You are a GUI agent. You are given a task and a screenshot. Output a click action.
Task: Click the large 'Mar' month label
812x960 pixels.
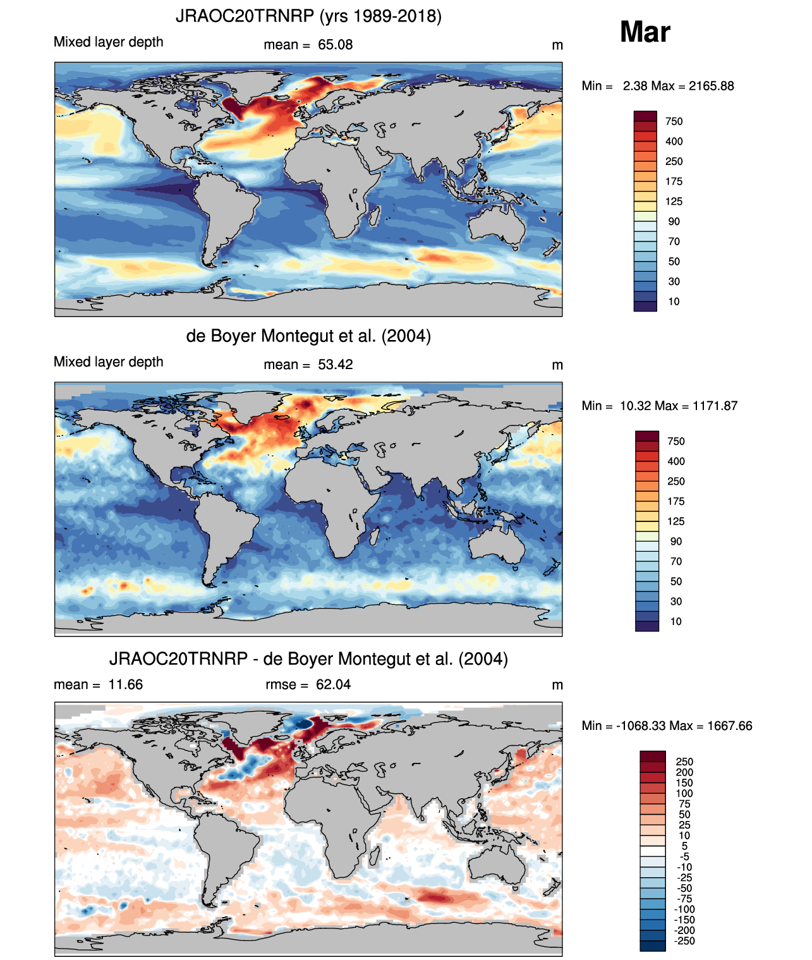point(645,32)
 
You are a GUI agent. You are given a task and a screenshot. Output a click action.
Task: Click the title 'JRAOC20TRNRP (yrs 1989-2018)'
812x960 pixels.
point(308,16)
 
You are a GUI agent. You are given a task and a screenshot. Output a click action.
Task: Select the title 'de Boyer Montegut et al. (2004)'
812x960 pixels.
point(308,336)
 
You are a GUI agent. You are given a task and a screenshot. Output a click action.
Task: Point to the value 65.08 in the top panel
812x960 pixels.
point(335,45)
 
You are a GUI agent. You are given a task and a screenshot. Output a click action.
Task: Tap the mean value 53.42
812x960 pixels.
point(335,365)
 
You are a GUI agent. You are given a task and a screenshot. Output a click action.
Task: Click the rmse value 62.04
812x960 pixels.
point(334,684)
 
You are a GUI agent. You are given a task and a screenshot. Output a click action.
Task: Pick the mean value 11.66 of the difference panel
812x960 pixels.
point(125,684)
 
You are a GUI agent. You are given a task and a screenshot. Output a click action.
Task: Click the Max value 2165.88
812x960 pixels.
point(712,86)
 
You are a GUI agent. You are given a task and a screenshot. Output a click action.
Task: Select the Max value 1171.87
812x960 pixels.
point(715,406)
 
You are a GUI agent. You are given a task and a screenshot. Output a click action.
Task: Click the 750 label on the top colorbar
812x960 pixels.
point(674,121)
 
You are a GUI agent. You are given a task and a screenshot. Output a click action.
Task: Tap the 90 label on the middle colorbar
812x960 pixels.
point(676,542)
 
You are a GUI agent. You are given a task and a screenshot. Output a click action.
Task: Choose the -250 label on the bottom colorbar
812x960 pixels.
point(685,941)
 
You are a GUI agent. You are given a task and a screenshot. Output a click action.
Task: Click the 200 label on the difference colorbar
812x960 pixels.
point(684,772)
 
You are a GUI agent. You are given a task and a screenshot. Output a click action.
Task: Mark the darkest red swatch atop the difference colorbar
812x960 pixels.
point(653,756)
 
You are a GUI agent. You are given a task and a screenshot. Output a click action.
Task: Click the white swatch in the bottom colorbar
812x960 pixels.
point(653,851)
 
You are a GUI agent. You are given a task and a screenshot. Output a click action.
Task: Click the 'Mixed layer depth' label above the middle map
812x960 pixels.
point(109,362)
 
